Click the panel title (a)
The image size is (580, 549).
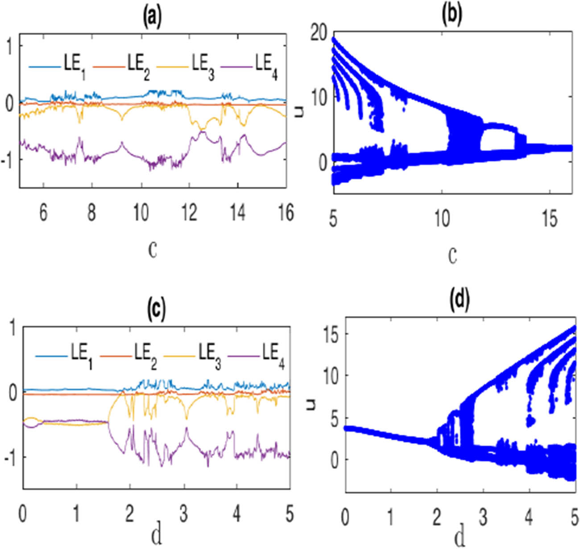click(152, 17)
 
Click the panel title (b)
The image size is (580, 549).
click(452, 15)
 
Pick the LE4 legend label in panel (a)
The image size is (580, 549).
click(267, 66)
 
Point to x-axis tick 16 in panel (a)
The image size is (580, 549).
click(286, 213)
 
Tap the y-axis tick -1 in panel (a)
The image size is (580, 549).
click(9, 160)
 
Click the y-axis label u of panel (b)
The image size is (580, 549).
click(299, 111)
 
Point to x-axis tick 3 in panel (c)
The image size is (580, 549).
click(183, 514)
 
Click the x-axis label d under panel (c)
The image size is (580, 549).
click(157, 537)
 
